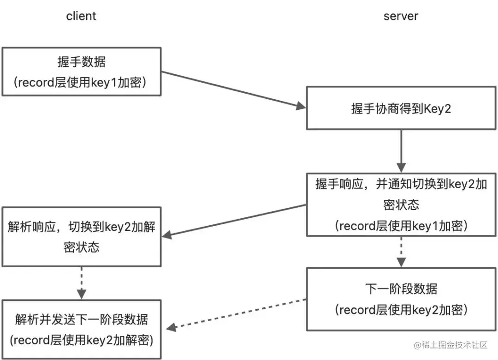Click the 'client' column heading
point(81,16)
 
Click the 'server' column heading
point(400,16)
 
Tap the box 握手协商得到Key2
point(400,109)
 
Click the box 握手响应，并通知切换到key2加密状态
point(400,204)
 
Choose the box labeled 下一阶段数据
point(400,299)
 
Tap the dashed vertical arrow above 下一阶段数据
point(401,252)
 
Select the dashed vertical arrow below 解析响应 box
point(82,282)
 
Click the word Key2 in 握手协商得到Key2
point(436,109)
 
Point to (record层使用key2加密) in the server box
point(400,310)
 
